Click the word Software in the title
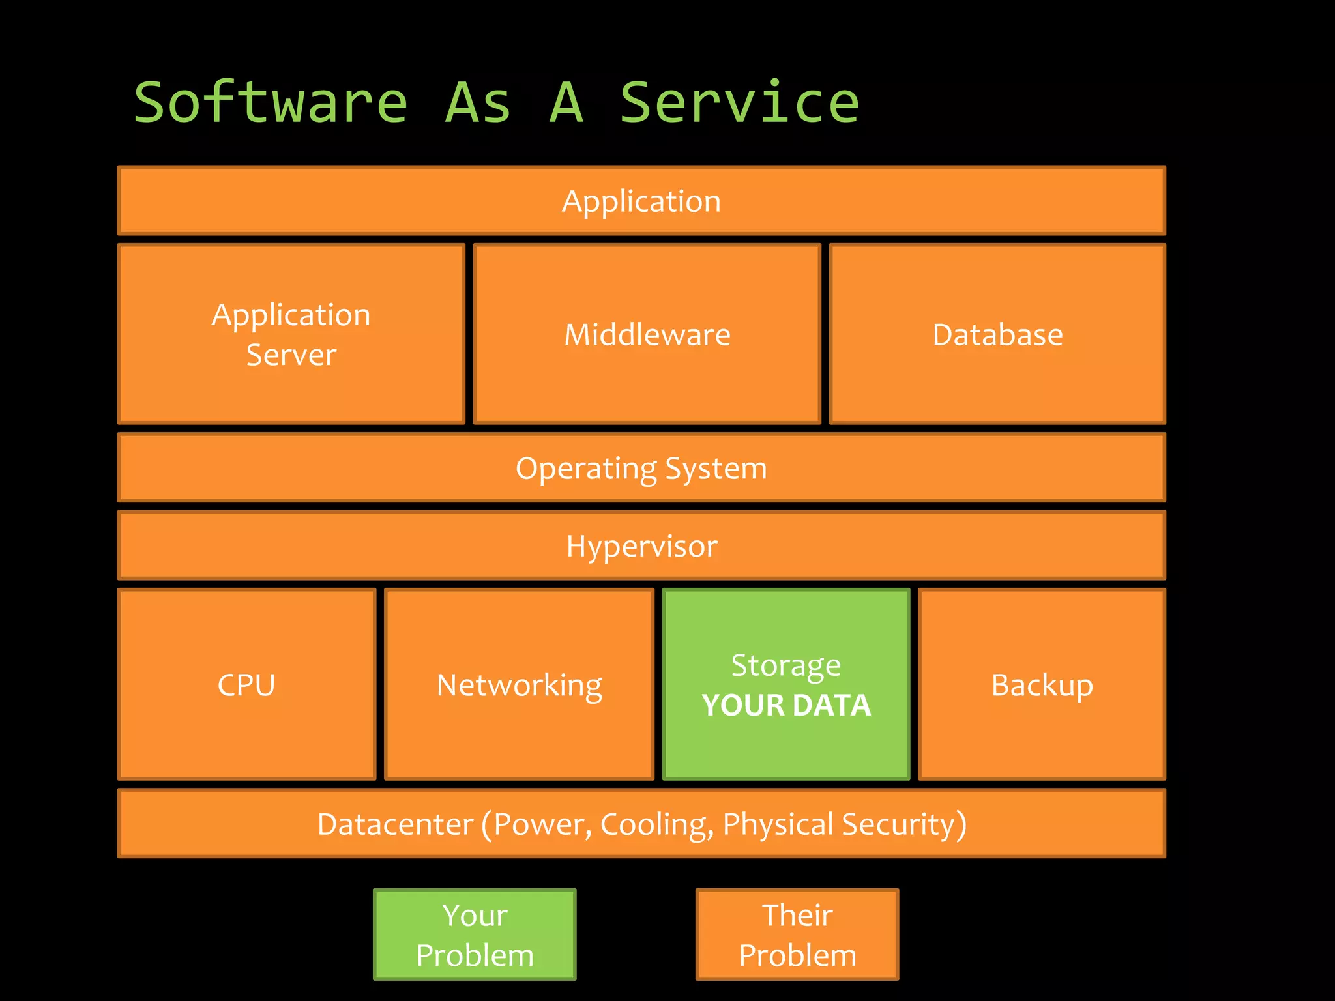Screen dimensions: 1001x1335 (271, 103)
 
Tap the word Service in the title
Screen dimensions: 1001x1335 (739, 103)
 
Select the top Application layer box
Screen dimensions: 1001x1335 (641, 201)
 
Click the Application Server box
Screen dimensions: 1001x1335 (291, 334)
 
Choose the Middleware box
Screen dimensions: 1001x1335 (647, 334)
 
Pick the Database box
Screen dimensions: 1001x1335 (997, 334)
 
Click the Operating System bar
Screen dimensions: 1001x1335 (641, 468)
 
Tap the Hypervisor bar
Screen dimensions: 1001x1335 (641, 545)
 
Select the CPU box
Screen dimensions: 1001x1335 (246, 684)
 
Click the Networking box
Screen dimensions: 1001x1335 (519, 684)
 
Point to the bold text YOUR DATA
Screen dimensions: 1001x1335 (786, 705)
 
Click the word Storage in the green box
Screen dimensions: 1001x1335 (785, 665)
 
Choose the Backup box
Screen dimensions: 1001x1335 (1042, 684)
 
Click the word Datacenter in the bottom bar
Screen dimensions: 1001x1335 (395, 824)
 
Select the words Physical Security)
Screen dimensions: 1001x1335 (845, 824)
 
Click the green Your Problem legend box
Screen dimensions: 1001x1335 (475, 934)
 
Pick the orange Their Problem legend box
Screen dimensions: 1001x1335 (797, 934)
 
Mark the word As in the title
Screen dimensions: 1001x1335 (477, 103)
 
